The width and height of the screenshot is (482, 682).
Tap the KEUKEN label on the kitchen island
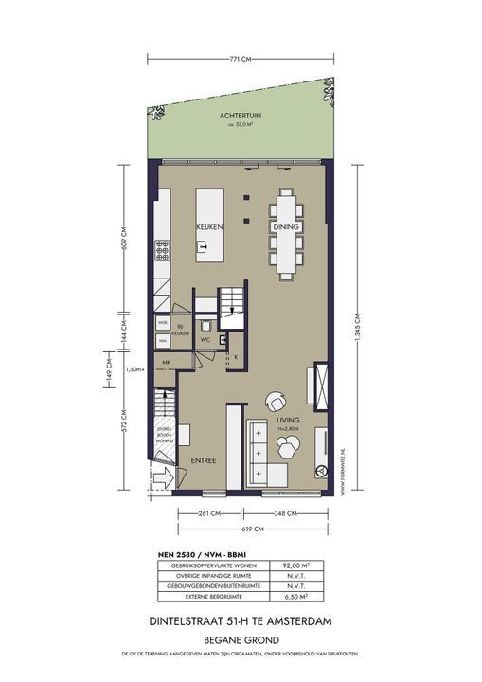click(x=208, y=228)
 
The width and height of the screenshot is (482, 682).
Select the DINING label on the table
click(x=285, y=228)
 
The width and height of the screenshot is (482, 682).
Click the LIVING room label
click(x=287, y=419)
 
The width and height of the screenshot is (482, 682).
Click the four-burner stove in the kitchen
click(x=163, y=250)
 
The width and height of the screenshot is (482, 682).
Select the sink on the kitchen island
click(x=203, y=248)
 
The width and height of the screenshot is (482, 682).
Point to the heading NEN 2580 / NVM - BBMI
click(x=192, y=553)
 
